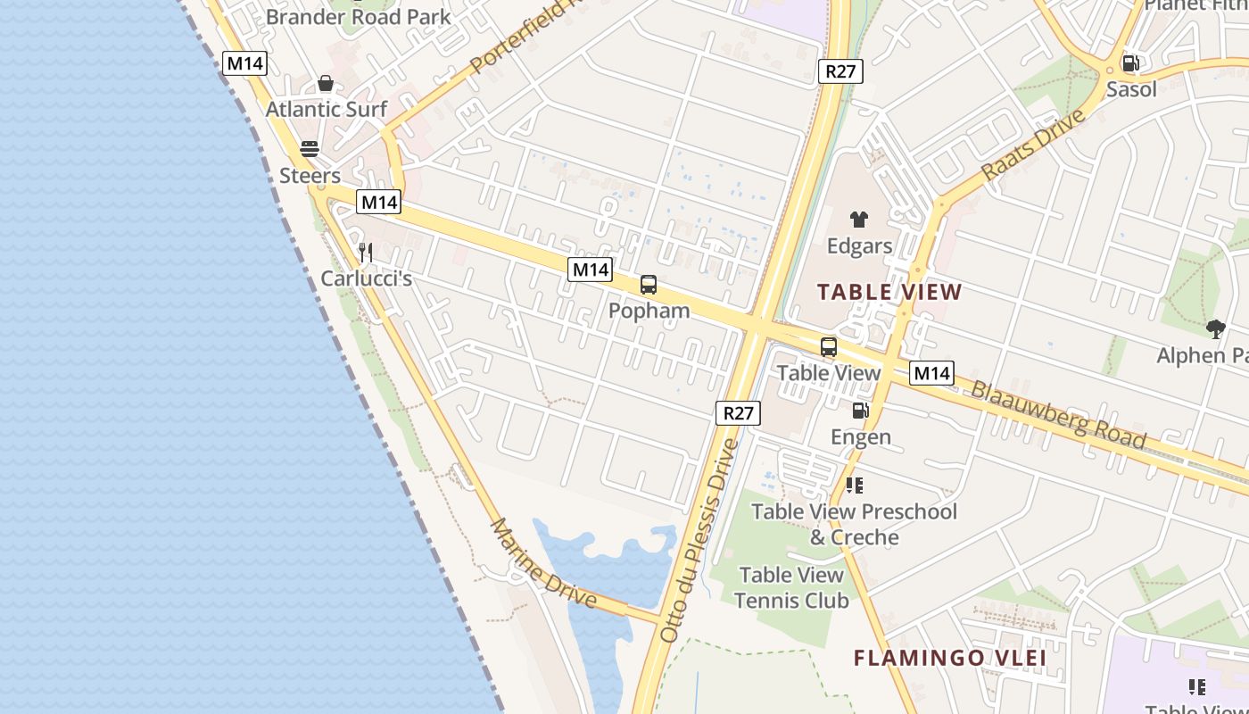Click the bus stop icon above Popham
649,285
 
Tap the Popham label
649,311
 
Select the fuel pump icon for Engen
860,411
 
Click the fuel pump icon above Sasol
1130,62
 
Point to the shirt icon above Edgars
859,219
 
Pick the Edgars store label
859,245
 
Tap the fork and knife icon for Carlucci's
365,253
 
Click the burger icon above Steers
310,149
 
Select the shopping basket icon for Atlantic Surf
326,83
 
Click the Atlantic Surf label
327,109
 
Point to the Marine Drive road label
542,562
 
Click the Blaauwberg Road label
1058,415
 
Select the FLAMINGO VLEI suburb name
949,659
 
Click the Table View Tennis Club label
791,588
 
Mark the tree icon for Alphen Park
1215,329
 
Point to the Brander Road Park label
359,16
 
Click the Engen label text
861,436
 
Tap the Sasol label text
1131,89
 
